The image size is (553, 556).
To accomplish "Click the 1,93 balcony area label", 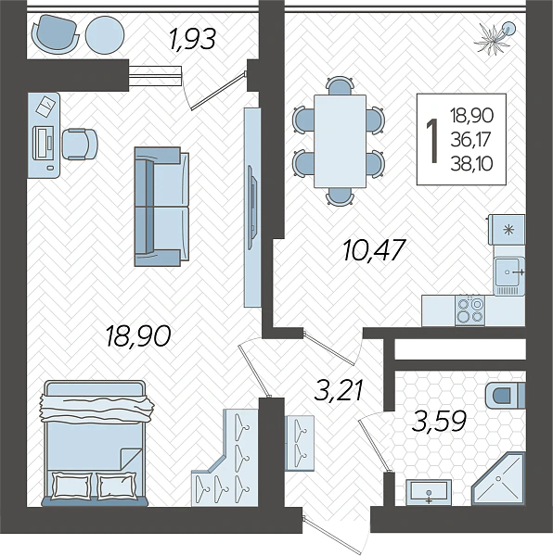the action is [193, 39].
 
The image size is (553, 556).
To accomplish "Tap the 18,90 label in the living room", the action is [139, 335].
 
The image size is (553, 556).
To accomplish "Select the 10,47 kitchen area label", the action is [374, 249].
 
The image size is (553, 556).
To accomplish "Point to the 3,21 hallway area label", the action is [339, 390].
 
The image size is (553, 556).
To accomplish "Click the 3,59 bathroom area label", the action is [439, 422].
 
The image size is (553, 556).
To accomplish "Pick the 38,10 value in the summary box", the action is [471, 164].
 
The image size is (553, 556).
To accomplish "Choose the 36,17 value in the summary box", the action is [470, 140].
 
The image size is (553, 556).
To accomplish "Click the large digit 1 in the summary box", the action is [432, 141].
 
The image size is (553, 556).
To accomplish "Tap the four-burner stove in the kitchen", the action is [469, 310].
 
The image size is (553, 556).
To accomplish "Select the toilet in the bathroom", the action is [505, 395].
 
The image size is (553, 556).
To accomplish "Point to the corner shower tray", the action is [498, 479].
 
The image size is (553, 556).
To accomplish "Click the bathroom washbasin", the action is [429, 493].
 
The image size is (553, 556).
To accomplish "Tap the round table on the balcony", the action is [105, 35].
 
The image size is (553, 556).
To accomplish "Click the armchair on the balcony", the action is [55, 34].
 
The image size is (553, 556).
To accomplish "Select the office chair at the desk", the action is [79, 144].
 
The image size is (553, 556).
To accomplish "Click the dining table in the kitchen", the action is [340, 141].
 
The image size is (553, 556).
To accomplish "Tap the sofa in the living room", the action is [161, 207].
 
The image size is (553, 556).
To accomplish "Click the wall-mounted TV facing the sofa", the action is [252, 207].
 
